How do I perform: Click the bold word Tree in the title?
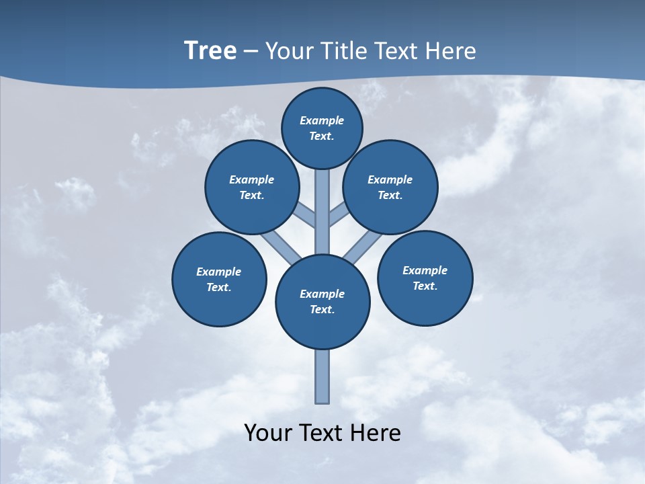click(210, 51)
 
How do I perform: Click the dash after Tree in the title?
click(251, 52)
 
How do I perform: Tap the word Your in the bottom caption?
click(267, 433)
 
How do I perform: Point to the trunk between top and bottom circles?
click(322, 212)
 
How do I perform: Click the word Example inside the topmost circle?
click(322, 120)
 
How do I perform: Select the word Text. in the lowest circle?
click(322, 309)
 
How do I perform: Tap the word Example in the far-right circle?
click(425, 270)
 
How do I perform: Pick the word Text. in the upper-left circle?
click(251, 195)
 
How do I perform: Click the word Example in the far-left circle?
click(218, 272)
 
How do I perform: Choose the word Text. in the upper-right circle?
click(390, 195)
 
